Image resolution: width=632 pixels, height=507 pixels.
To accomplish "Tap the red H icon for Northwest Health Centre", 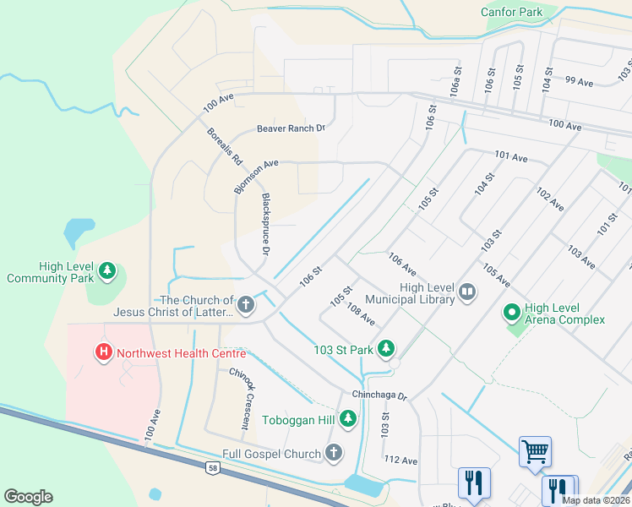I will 104,352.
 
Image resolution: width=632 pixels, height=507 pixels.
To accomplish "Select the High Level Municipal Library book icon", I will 467,293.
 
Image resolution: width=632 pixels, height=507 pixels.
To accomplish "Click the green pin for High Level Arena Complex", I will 511,313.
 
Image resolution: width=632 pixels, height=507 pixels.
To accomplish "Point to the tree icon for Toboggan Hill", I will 347,418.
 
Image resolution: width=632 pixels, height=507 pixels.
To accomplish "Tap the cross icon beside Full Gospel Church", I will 334,454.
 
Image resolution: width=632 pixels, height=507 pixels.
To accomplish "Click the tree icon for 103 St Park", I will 385,348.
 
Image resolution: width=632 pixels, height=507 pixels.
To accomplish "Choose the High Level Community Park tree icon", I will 106,271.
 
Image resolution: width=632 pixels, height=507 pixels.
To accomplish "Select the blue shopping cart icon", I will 535,451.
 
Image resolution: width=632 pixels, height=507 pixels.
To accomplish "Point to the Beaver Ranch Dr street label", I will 291,128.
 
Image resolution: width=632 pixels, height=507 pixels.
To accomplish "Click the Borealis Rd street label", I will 225,145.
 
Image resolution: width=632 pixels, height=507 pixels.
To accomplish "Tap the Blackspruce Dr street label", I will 265,224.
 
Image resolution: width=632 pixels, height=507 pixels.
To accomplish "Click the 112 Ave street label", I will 400,460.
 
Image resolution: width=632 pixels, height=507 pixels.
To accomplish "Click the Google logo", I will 28,497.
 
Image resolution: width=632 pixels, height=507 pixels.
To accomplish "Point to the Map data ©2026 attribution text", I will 595,500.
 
